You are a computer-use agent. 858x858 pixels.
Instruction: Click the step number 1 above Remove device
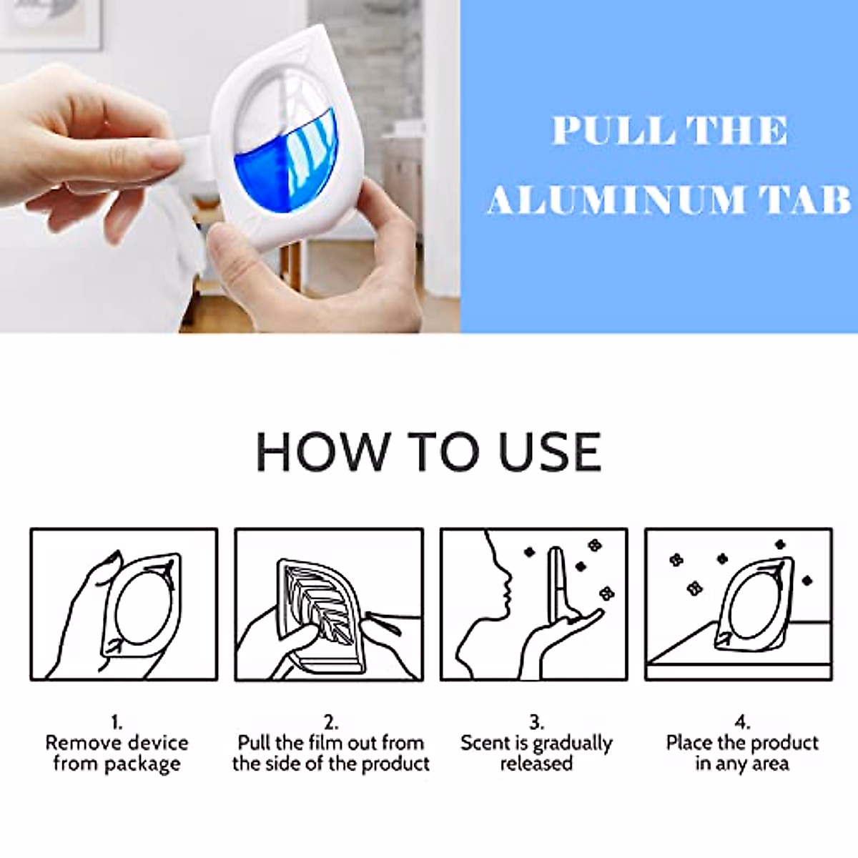[x=117, y=721]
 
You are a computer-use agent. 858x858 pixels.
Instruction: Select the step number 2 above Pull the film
[x=330, y=721]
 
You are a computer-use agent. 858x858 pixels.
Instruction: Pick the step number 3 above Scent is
[x=536, y=721]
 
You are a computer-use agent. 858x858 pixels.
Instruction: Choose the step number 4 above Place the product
[x=741, y=721]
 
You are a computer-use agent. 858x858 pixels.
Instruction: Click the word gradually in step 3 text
[x=572, y=744]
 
